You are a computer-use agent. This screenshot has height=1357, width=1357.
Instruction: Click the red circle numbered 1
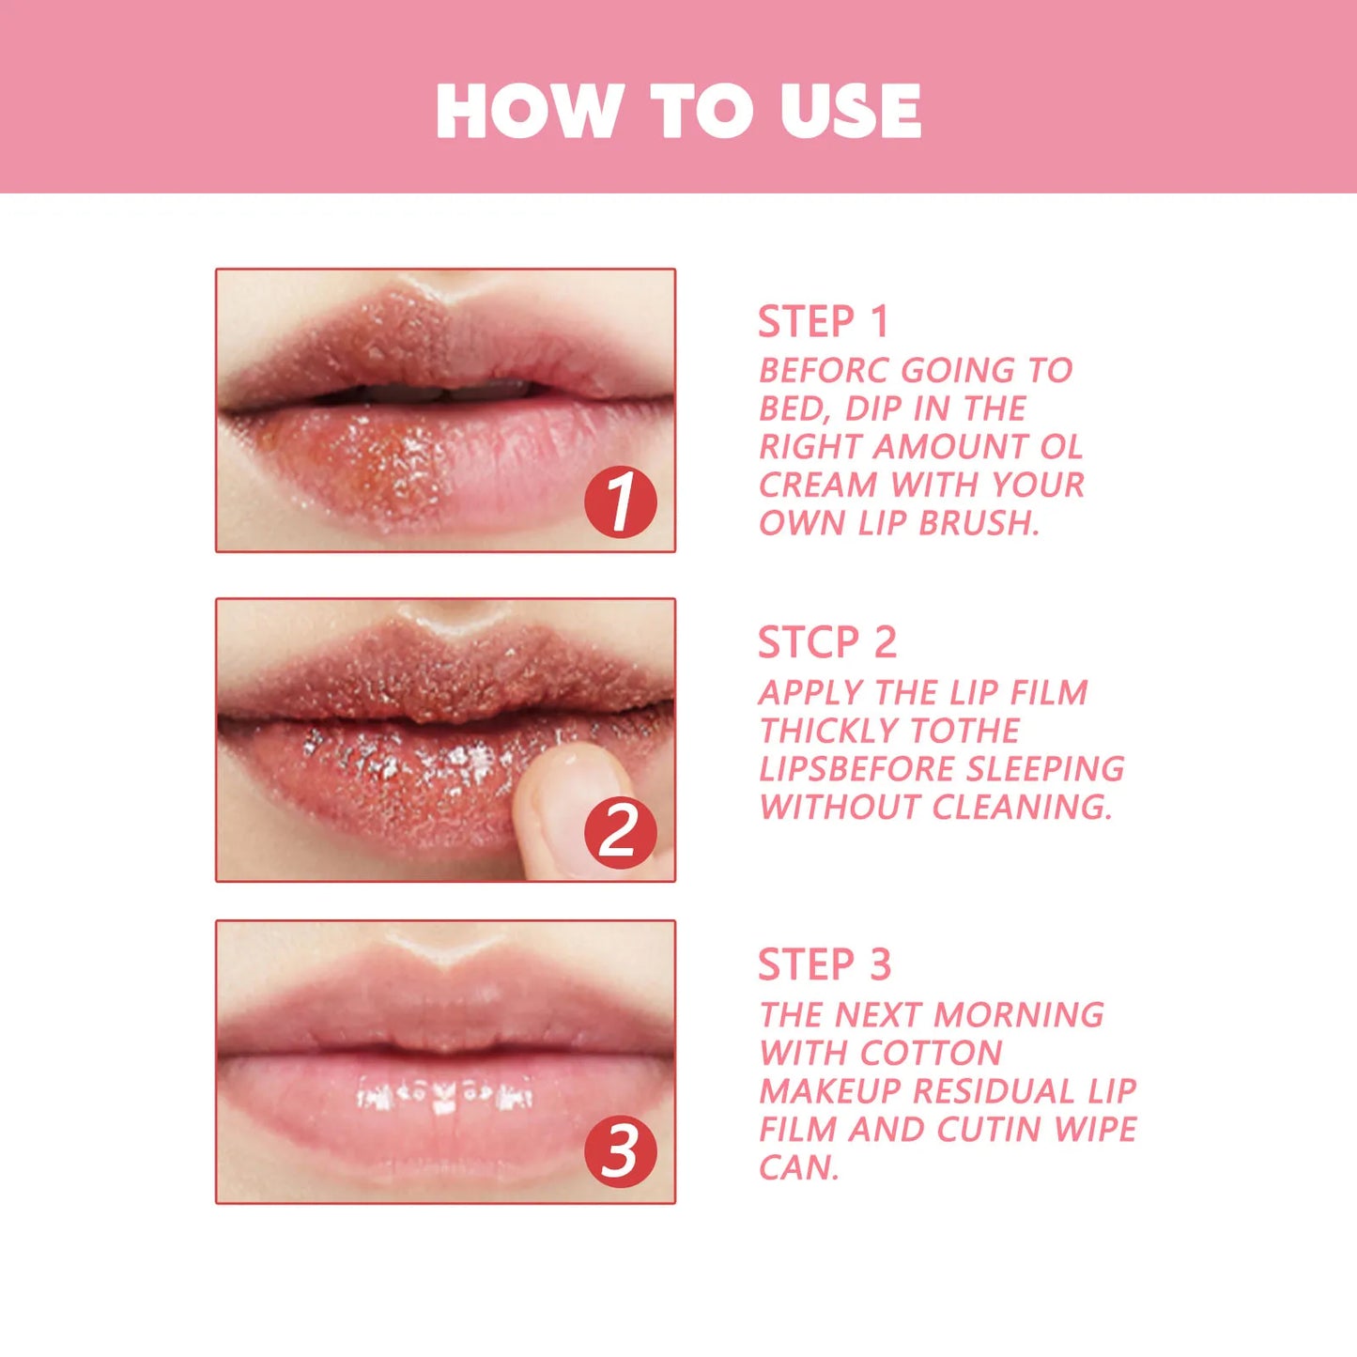point(620,502)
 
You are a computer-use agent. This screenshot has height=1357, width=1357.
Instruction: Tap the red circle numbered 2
point(620,832)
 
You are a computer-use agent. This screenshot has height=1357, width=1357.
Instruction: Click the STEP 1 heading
point(823,322)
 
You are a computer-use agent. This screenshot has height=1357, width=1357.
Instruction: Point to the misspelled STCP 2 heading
point(826,643)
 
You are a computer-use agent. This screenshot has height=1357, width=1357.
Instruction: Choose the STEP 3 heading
point(824,965)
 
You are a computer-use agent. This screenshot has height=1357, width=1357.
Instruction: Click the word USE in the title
point(850,111)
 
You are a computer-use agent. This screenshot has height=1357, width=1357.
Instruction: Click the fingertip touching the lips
point(563,798)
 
